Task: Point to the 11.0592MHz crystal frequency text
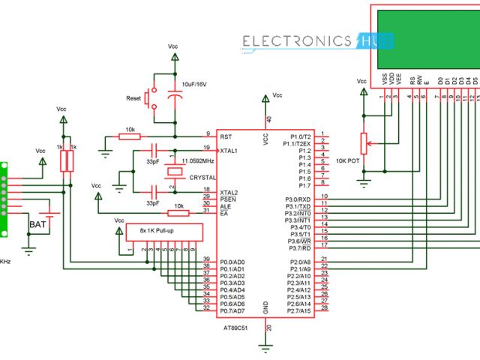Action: point(199,160)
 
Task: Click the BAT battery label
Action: point(38,224)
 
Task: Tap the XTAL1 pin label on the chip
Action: point(228,151)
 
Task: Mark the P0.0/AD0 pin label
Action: point(232,262)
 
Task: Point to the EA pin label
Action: point(223,214)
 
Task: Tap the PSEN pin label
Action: point(226,199)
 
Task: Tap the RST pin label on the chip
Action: point(225,136)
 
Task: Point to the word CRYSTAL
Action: point(202,178)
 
